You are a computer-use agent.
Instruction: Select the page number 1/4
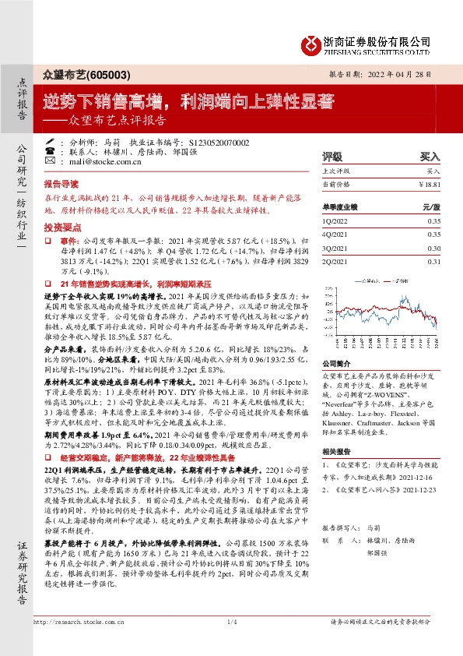tap(231, 643)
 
